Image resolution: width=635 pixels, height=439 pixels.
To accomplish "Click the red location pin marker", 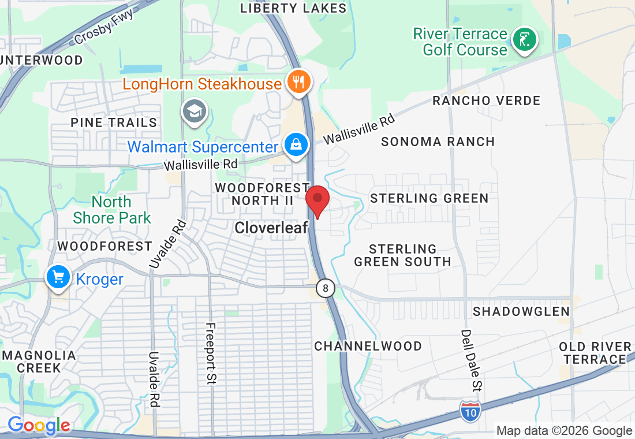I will click(x=317, y=201).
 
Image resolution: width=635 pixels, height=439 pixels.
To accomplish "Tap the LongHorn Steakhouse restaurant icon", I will click(x=298, y=81).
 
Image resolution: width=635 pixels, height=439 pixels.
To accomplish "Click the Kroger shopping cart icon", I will click(x=58, y=278).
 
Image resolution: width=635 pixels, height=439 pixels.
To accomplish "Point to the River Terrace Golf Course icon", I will click(x=525, y=40).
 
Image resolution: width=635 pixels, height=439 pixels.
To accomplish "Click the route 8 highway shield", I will click(x=326, y=288).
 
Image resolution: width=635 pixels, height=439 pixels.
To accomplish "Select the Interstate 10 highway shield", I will click(x=470, y=410).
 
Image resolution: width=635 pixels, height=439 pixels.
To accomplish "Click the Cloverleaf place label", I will click(x=271, y=228).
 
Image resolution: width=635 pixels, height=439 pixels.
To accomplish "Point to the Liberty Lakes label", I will click(x=293, y=8).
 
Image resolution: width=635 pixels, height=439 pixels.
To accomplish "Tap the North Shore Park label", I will click(x=112, y=210).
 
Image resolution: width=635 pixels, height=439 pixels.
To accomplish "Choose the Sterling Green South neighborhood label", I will click(x=402, y=255).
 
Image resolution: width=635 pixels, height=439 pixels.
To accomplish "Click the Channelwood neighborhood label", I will click(x=368, y=346).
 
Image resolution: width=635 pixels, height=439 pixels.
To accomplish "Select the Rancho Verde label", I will click(x=486, y=101).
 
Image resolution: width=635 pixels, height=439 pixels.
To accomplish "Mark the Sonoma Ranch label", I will click(x=438, y=142).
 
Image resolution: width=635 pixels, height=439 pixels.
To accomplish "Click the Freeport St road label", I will click(x=211, y=354).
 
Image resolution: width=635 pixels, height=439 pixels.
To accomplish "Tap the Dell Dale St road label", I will click(x=466, y=358).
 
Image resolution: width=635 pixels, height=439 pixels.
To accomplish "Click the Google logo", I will click(x=39, y=426).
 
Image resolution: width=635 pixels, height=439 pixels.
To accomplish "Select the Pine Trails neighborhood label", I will click(x=114, y=122).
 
